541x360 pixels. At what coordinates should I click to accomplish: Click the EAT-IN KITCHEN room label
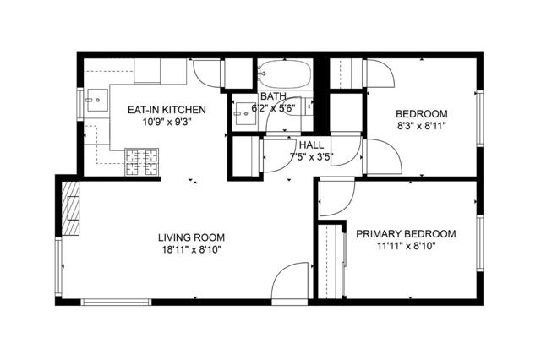(167, 109)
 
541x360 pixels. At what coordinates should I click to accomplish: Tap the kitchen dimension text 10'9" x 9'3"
(167, 122)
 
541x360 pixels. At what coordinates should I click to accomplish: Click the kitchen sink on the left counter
(96, 101)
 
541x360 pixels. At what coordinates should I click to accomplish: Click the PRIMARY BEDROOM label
(405, 234)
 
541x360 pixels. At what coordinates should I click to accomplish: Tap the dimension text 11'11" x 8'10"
(405, 247)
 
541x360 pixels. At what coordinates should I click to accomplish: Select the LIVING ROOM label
(191, 237)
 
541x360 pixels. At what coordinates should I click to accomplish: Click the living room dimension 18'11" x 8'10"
(191, 250)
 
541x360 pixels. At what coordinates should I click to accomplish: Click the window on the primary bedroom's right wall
(479, 245)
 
